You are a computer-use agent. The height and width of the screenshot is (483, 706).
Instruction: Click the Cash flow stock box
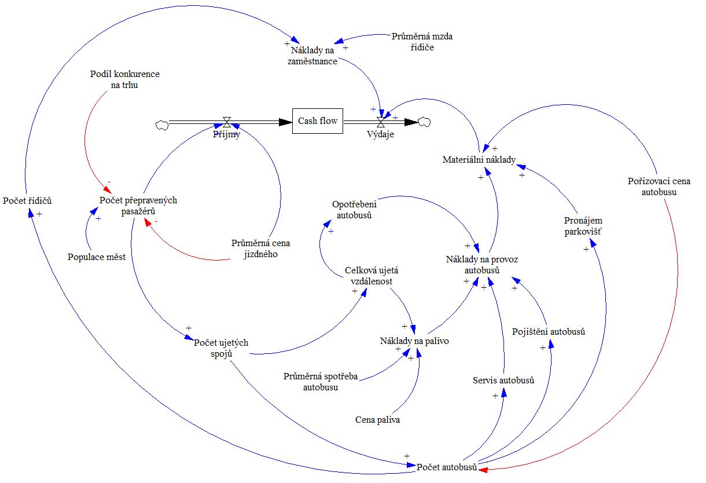click(x=318, y=121)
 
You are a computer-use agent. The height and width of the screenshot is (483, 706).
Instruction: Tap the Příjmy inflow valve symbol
click(x=227, y=122)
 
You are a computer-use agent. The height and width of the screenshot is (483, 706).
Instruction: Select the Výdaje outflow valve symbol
click(x=381, y=122)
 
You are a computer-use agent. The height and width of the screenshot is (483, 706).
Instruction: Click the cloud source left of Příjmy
click(x=161, y=124)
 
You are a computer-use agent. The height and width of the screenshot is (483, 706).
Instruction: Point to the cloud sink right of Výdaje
click(x=425, y=122)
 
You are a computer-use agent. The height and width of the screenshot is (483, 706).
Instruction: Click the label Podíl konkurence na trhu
click(x=125, y=79)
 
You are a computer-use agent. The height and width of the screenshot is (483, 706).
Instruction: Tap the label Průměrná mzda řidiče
click(x=422, y=42)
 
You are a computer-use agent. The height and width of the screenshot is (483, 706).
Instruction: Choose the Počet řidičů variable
click(x=27, y=201)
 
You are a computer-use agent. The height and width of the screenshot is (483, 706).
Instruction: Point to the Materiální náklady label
click(x=479, y=160)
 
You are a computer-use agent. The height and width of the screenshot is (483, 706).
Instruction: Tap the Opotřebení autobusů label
click(x=354, y=210)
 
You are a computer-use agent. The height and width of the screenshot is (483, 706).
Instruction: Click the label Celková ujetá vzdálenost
click(x=372, y=275)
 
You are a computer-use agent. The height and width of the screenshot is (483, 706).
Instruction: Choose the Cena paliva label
click(x=378, y=420)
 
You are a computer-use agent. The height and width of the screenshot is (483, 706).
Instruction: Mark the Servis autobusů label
click(x=503, y=380)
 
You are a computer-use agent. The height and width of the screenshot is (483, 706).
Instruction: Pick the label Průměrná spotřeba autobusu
click(x=321, y=382)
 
